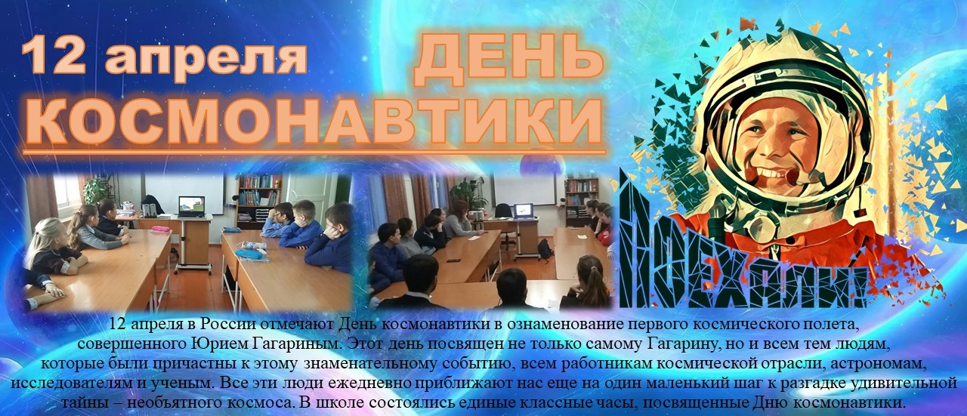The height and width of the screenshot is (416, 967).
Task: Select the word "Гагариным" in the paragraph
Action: coord(295,345)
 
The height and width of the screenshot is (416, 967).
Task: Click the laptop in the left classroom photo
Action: coord(191,206)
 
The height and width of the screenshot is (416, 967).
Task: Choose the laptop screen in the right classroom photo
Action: coord(524,210)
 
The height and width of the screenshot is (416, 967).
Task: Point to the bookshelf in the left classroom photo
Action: coord(258,201)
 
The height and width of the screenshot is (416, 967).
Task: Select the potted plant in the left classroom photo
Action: coord(96,189)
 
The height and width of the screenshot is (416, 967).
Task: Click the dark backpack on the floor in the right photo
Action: coord(545,250)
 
